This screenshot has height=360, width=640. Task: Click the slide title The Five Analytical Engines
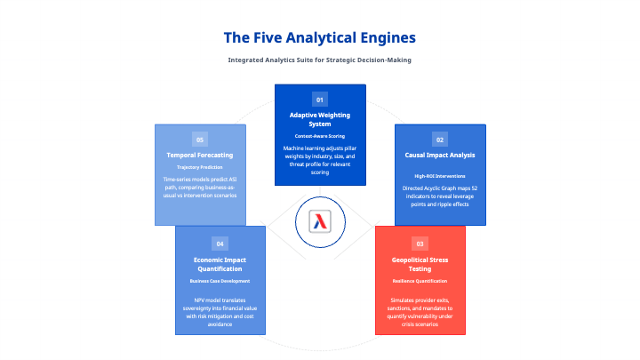click(x=319, y=38)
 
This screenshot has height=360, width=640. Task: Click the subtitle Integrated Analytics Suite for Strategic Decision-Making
click(x=319, y=60)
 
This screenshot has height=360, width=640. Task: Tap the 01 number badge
click(x=320, y=100)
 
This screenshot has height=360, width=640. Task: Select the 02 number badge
click(x=439, y=140)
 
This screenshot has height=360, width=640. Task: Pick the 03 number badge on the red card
click(x=420, y=243)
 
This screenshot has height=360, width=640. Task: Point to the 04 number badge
click(x=220, y=243)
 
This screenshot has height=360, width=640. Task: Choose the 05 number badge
click(x=200, y=140)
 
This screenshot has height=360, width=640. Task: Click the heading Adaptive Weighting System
click(x=320, y=119)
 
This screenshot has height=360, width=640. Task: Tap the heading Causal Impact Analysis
click(x=439, y=155)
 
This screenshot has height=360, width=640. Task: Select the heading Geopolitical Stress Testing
click(x=420, y=263)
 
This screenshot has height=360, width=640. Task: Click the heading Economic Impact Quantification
click(x=220, y=263)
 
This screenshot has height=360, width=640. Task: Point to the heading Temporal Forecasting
click(x=200, y=155)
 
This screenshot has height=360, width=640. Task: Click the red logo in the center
click(x=320, y=222)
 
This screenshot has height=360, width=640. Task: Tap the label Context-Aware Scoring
click(x=320, y=135)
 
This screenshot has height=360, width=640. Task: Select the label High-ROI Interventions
click(x=439, y=176)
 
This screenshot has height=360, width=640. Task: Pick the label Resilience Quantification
click(x=420, y=280)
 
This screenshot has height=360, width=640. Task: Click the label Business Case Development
click(x=220, y=280)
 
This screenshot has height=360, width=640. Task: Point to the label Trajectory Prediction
click(x=200, y=166)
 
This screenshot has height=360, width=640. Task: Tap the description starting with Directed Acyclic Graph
click(x=439, y=197)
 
